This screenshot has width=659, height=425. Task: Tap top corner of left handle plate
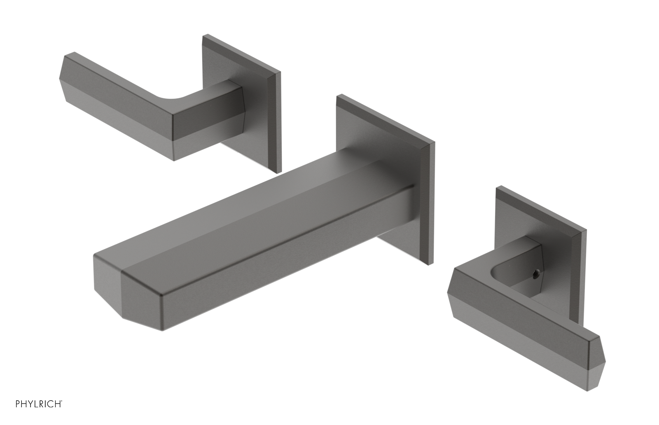click(x=203, y=37)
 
